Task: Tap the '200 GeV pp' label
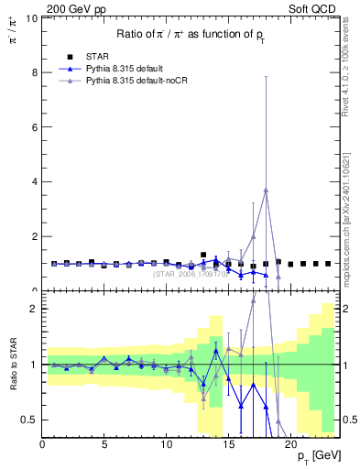click(x=75, y=8)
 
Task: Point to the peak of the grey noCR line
click(x=266, y=190)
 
